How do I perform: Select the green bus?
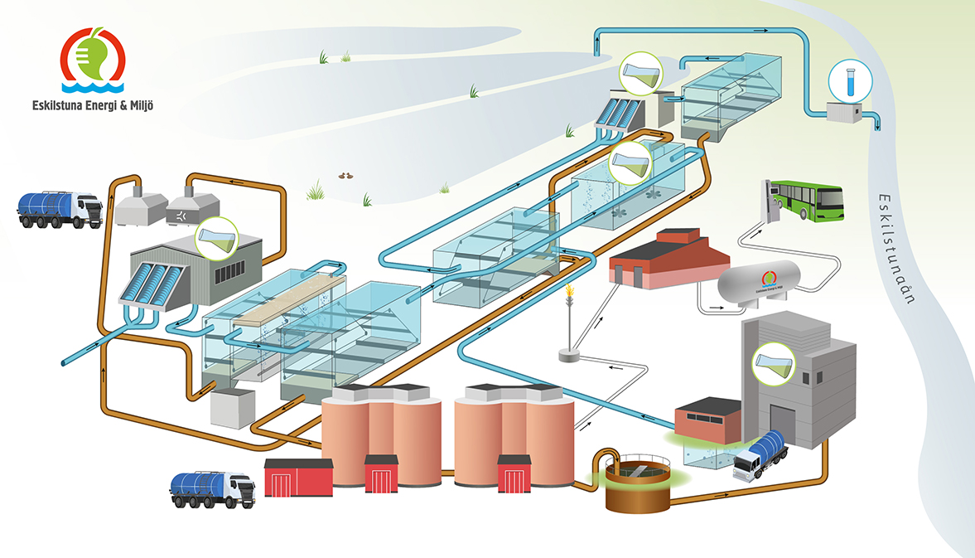(x=807, y=201)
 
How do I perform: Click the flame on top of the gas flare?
(x=569, y=293)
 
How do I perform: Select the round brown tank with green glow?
(x=636, y=486)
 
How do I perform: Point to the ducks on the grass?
(x=346, y=176)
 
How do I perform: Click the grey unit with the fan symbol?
(x=192, y=211)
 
